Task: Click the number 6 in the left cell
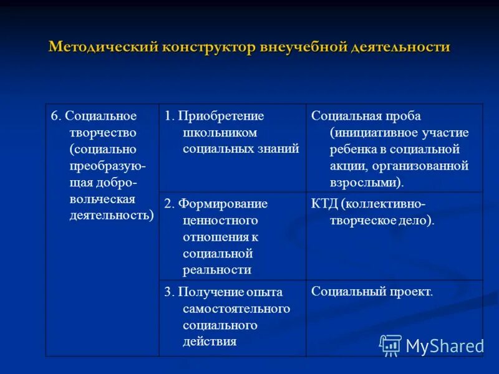pos(54,117)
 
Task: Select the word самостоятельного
pos(236,309)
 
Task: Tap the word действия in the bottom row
pos(210,342)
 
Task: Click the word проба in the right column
pos(404,117)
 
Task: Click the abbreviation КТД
pos(324,204)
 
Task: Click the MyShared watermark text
pos(445,346)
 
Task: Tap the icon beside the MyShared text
pos(391,345)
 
